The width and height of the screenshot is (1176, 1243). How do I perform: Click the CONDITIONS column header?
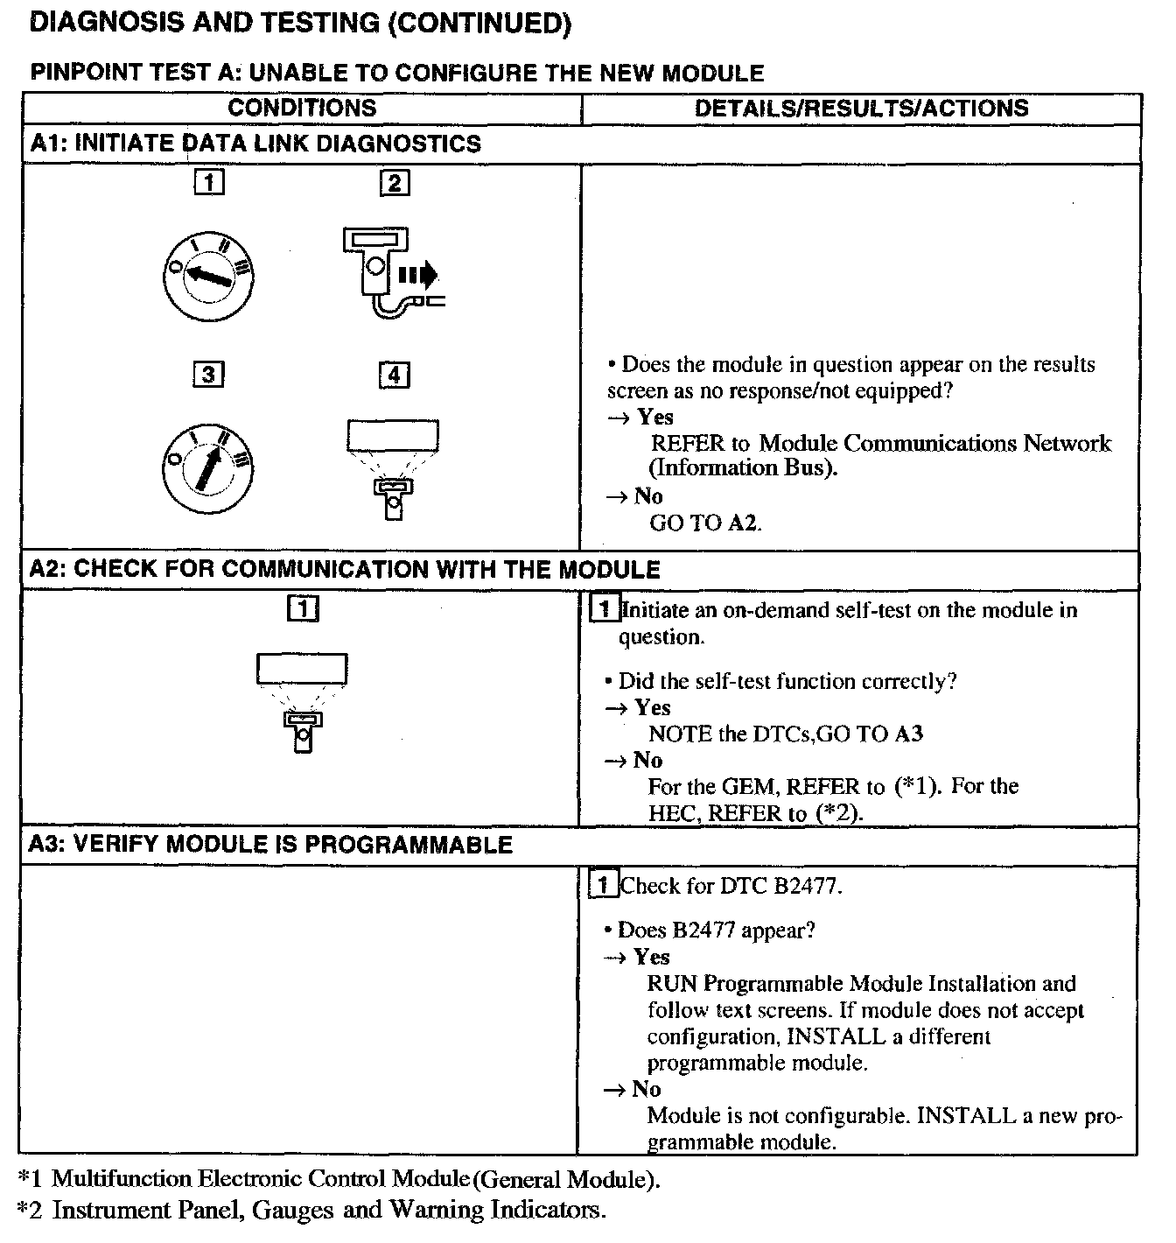point(302,109)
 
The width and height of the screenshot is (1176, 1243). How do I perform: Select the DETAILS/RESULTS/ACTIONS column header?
point(861,109)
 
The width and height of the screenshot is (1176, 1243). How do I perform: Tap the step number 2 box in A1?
point(395,182)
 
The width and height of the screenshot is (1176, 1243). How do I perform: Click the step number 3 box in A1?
point(208,375)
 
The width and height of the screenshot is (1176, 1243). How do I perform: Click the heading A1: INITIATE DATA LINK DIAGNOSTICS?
point(255,144)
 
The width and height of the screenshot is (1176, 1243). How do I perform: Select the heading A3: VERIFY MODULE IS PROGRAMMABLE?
point(271,845)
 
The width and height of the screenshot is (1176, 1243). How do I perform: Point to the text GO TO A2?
point(705,523)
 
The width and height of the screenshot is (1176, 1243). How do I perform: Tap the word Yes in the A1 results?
point(655,418)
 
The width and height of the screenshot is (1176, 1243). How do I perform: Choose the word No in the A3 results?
point(646,1090)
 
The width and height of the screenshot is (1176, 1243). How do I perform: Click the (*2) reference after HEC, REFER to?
point(838,813)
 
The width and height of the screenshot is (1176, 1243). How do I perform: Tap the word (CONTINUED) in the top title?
point(479,24)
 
